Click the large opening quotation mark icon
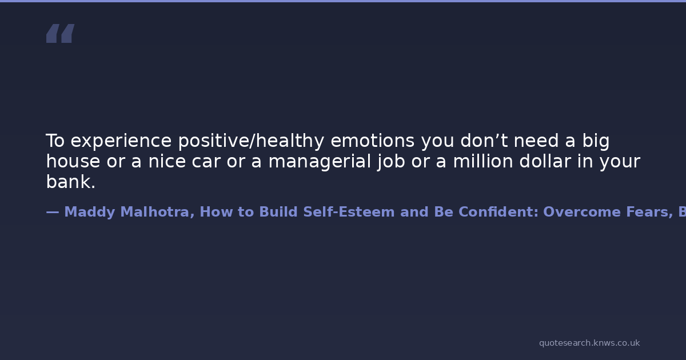61,33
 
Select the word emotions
372,141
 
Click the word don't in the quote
484,141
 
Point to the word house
73,161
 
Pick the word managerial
320,162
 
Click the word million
483,161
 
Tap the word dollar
545,161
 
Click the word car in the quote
206,161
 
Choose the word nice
167,161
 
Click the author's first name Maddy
89,212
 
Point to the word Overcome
582,212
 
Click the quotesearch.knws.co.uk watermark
589,343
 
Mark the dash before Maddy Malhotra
53,212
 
